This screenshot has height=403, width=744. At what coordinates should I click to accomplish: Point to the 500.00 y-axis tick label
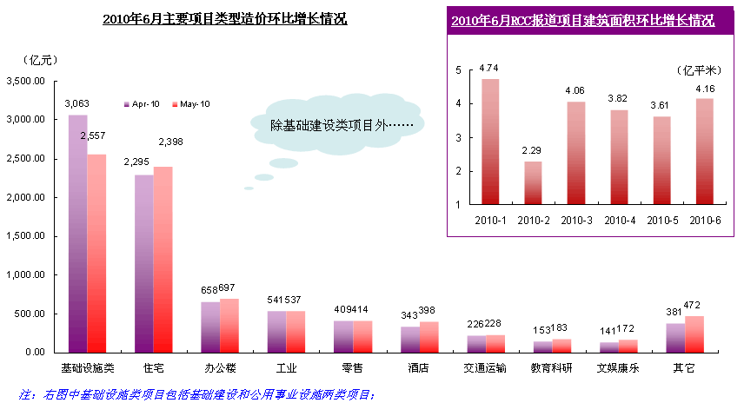[x=30, y=314]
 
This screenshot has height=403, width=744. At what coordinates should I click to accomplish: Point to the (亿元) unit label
[x=41, y=60]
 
